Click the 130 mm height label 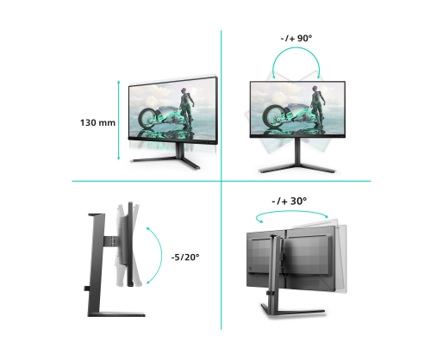pyautogui.click(x=97, y=122)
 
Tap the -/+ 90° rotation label pyautogui.click(x=296, y=38)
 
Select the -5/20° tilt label pyautogui.click(x=185, y=257)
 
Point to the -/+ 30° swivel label pyautogui.click(x=289, y=201)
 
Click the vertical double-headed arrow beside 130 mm pyautogui.click(x=118, y=121)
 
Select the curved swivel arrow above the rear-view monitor pyautogui.click(x=291, y=211)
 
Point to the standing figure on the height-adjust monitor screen pyautogui.click(x=185, y=109)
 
